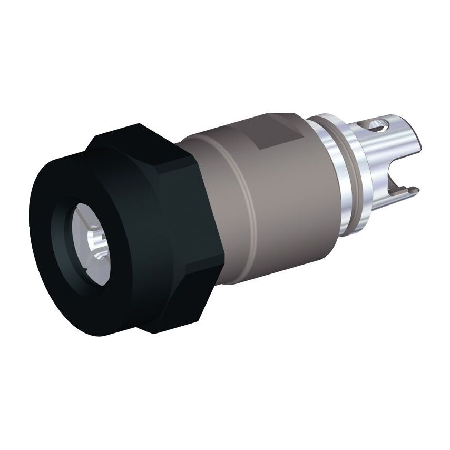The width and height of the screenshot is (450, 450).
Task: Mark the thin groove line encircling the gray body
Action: click(248, 211)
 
